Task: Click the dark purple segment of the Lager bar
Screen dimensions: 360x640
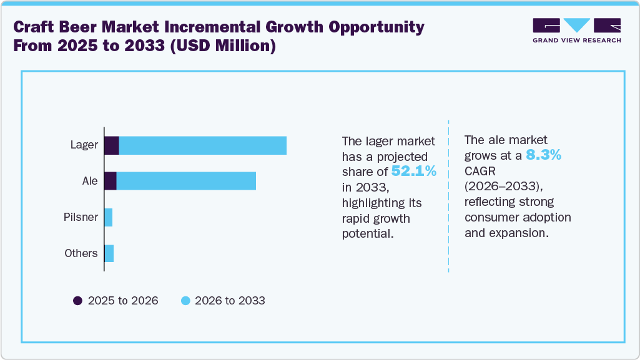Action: pos(112,145)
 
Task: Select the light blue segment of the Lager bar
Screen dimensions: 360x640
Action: pos(202,145)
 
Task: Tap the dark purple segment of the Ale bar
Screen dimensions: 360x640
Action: pos(111,181)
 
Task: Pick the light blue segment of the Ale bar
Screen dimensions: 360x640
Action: pos(186,181)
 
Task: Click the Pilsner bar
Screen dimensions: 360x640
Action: pos(109,217)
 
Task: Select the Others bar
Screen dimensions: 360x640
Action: pos(109,253)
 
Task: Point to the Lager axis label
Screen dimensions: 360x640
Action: pos(84,145)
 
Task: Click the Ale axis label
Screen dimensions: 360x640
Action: pos(90,181)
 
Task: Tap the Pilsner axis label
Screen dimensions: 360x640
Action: pos(81,217)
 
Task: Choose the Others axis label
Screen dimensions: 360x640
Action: pos(81,253)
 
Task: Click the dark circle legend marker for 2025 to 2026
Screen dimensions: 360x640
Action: pos(78,301)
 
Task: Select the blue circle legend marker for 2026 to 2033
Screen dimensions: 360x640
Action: pos(185,301)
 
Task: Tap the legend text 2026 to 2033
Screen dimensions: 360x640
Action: pos(230,301)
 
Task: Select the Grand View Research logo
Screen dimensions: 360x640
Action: pos(576,31)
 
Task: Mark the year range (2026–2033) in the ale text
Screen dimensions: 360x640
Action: pos(506,187)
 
